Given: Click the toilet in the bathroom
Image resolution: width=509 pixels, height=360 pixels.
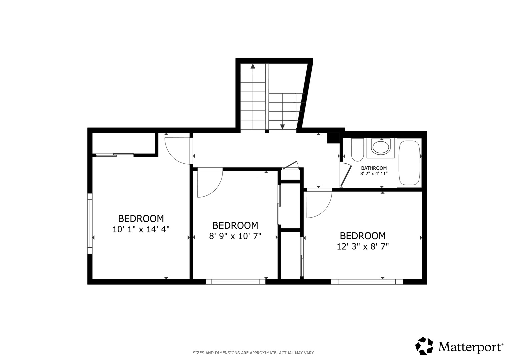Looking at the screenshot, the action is point(357,150).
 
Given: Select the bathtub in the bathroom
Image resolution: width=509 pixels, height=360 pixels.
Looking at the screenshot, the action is point(409,163).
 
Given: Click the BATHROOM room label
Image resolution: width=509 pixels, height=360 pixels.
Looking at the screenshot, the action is point(374,168).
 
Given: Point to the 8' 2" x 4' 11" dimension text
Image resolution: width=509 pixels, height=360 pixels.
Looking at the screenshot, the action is point(374,174).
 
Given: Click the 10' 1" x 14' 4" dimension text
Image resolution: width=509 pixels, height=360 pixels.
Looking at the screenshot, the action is point(141,229).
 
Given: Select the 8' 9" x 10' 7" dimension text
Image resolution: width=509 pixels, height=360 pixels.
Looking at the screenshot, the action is point(235,236).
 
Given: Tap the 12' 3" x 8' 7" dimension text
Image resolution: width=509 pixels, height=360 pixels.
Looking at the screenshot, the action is point(363,247).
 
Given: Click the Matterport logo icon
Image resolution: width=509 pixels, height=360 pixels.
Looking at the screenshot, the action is point(424,346).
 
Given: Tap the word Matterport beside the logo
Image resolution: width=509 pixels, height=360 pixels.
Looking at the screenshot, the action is point(470,347).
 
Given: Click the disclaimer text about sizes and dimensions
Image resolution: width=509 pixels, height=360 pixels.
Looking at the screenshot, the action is point(254,353).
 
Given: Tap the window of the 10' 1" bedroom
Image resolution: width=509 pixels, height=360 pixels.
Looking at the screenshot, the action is point(90,223).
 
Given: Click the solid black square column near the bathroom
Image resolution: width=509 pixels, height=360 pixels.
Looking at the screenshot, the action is point(332,138).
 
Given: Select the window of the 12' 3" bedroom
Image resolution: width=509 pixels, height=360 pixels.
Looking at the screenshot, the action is point(367,282).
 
